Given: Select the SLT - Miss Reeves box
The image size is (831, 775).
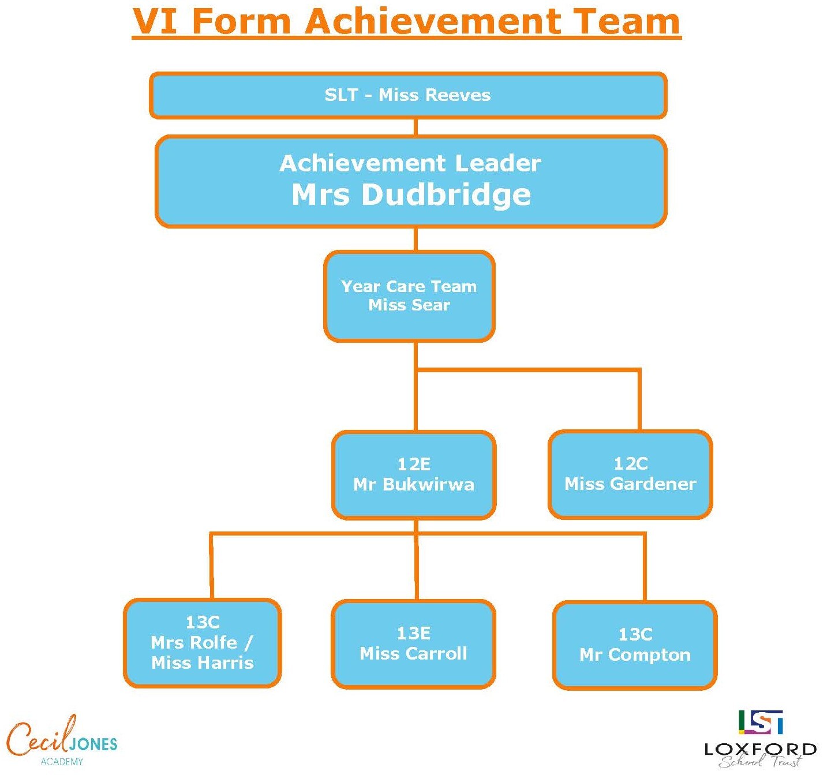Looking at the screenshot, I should pyautogui.click(x=407, y=95).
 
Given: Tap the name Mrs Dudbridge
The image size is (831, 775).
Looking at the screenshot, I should pyautogui.click(x=411, y=194).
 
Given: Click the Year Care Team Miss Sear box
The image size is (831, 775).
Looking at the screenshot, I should pyautogui.click(x=409, y=296).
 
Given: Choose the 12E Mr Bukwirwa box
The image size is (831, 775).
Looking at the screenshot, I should pyautogui.click(x=414, y=475).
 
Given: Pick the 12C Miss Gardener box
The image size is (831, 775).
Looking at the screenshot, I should pyautogui.click(x=630, y=474).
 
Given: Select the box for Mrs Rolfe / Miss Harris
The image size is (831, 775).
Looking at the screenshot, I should pyautogui.click(x=203, y=643).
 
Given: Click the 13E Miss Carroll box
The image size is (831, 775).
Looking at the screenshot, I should pyautogui.click(x=413, y=644).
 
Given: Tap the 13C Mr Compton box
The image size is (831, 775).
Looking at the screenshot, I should pyautogui.click(x=635, y=645).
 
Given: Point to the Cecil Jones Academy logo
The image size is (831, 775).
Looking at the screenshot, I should pyautogui.click(x=62, y=742).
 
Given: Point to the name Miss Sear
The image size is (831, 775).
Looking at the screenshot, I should pyautogui.click(x=409, y=305).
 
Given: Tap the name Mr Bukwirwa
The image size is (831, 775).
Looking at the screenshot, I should pyautogui.click(x=414, y=485).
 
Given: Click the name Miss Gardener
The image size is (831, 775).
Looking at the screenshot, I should pyautogui.click(x=630, y=484).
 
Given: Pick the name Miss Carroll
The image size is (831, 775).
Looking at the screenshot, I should pyautogui.click(x=413, y=654).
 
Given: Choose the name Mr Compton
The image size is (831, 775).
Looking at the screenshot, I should pyautogui.click(x=635, y=655).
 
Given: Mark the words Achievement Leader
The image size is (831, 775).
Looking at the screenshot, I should pyautogui.click(x=410, y=163).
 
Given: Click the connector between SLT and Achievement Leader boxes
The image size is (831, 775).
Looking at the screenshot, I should pyautogui.click(x=415, y=128).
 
